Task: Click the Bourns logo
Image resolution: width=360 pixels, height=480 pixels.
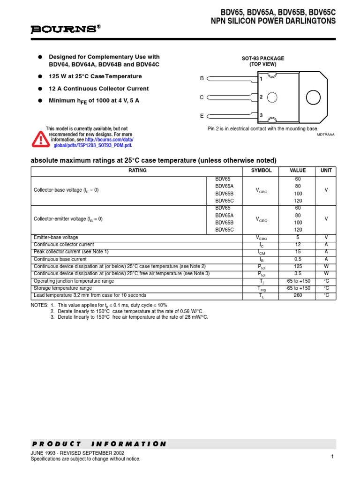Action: pyautogui.click(x=66, y=30)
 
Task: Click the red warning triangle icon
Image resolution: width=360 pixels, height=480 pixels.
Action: pyautogui.click(x=40, y=139)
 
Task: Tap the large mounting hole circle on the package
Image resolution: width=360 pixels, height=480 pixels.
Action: pyautogui.click(x=313, y=97)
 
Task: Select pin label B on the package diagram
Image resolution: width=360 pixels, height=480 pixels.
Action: pyautogui.click(x=202, y=79)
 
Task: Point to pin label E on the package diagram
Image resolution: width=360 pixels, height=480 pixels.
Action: pyautogui.click(x=202, y=115)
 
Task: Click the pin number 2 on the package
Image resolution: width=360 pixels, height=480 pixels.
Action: pyautogui.click(x=261, y=97)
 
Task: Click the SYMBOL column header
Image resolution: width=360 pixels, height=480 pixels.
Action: pyautogui.click(x=258, y=171)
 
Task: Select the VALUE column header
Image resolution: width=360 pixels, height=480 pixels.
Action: pyautogui.click(x=298, y=171)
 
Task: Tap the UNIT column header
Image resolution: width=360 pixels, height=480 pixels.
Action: pyautogui.click(x=326, y=171)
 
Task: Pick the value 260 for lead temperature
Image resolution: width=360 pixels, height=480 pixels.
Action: pyautogui.click(x=298, y=295)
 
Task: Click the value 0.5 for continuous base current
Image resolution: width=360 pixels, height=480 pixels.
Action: pyautogui.click(x=298, y=259)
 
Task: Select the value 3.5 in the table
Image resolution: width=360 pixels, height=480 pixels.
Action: pyautogui.click(x=298, y=274)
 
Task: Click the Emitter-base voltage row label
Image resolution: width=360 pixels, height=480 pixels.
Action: pyautogui.click(x=56, y=238)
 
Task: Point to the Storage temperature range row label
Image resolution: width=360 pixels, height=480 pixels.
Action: pyautogui.click(x=63, y=288)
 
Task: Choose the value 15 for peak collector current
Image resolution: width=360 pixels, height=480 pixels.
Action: pyautogui.click(x=298, y=252)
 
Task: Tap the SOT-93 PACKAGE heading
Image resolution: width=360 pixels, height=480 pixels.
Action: pyautogui.click(x=262, y=59)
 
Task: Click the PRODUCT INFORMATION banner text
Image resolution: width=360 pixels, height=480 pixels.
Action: pyautogui.click(x=99, y=444)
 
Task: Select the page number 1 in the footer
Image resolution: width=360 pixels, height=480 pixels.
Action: pyautogui.click(x=331, y=457)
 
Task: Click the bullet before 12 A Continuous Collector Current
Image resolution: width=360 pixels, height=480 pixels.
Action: pyautogui.click(x=40, y=89)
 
